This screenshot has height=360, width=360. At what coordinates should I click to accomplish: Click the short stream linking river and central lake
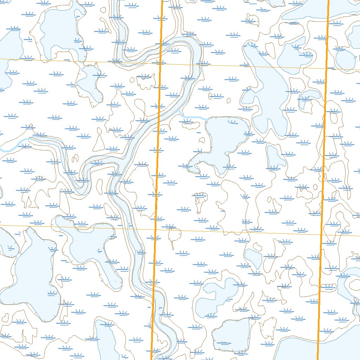click(x=192, y=117)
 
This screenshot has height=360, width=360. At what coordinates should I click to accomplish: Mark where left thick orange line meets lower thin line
click(x=155, y=229)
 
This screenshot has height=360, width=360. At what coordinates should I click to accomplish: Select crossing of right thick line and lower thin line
click(x=321, y=234)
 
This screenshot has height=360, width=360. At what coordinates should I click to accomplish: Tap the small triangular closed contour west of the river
click(x=100, y=144)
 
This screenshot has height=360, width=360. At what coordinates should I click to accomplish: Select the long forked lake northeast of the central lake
click(x=267, y=91)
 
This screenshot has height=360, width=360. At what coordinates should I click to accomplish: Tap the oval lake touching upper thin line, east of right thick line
click(x=345, y=59)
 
